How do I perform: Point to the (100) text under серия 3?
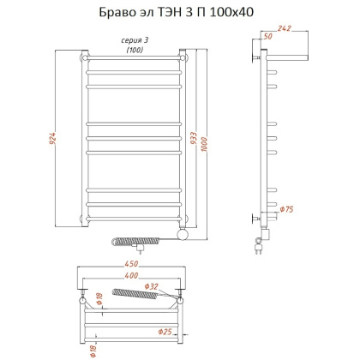click(135, 50)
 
